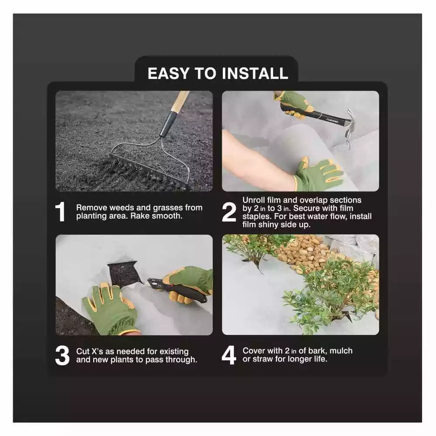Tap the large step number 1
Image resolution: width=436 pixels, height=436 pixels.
click(x=61, y=212)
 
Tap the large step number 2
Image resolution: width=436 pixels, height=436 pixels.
click(x=229, y=212)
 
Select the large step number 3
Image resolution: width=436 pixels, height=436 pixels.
click(x=62, y=355)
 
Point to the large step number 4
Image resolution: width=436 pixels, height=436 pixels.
click(x=229, y=355)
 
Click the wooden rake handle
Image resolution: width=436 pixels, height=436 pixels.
click(x=179, y=105)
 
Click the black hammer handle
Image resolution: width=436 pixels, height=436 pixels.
click(x=318, y=115)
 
